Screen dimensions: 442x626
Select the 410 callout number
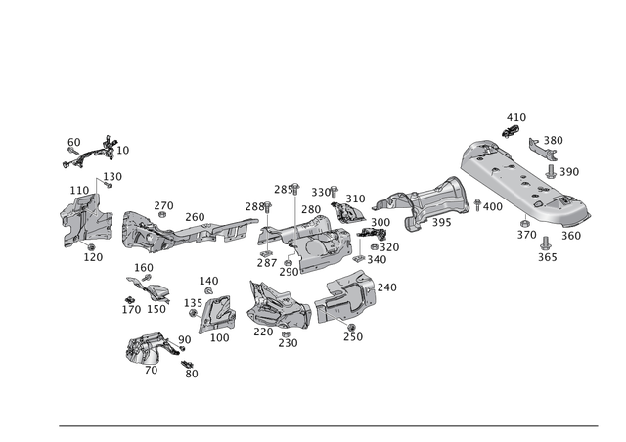518,115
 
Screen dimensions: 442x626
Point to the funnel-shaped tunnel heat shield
425,205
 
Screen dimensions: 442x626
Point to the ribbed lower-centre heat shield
279,308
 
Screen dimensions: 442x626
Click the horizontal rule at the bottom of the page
328,425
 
